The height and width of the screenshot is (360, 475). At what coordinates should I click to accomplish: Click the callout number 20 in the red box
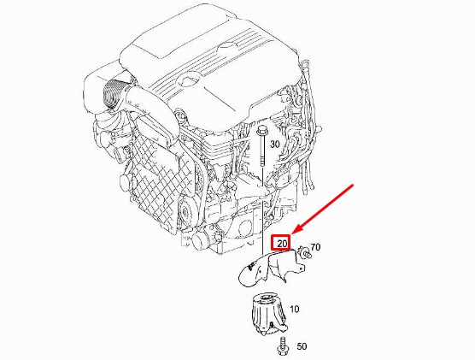pyautogui.click(x=282, y=244)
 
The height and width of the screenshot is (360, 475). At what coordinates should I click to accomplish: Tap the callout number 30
pyautogui.click(x=274, y=145)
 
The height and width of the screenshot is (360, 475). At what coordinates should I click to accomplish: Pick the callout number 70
pyautogui.click(x=314, y=248)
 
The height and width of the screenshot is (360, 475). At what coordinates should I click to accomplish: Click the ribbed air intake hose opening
pyautogui.click(x=112, y=92)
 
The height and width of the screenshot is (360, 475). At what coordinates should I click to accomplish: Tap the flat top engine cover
pyautogui.click(x=214, y=51)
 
